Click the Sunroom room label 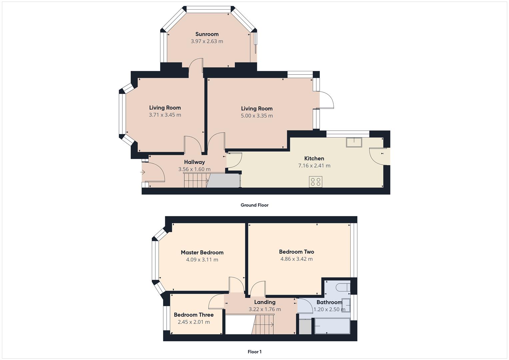(x=207, y=34)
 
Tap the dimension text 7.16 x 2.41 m (x=314, y=166)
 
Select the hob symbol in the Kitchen (x=315, y=182)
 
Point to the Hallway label (x=194, y=162)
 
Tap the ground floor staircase (x=195, y=180)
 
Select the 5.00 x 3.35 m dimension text (x=257, y=116)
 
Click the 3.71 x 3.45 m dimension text (x=165, y=115)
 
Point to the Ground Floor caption (x=254, y=205)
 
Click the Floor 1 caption (x=254, y=352)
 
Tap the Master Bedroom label (x=202, y=252)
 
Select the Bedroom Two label (x=296, y=252)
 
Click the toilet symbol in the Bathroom (x=342, y=287)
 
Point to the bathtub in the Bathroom (x=332, y=326)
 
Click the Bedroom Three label (x=194, y=315)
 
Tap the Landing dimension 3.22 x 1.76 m (x=265, y=309)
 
